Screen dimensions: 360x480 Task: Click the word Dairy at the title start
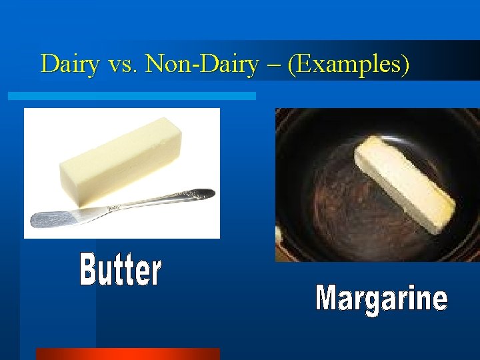pos(69,64)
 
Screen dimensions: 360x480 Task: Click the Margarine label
pos(381,298)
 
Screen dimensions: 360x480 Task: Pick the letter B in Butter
pos(89,270)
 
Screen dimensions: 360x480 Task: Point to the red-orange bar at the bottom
pos(127,353)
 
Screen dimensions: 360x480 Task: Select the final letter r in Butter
pos(156,272)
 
